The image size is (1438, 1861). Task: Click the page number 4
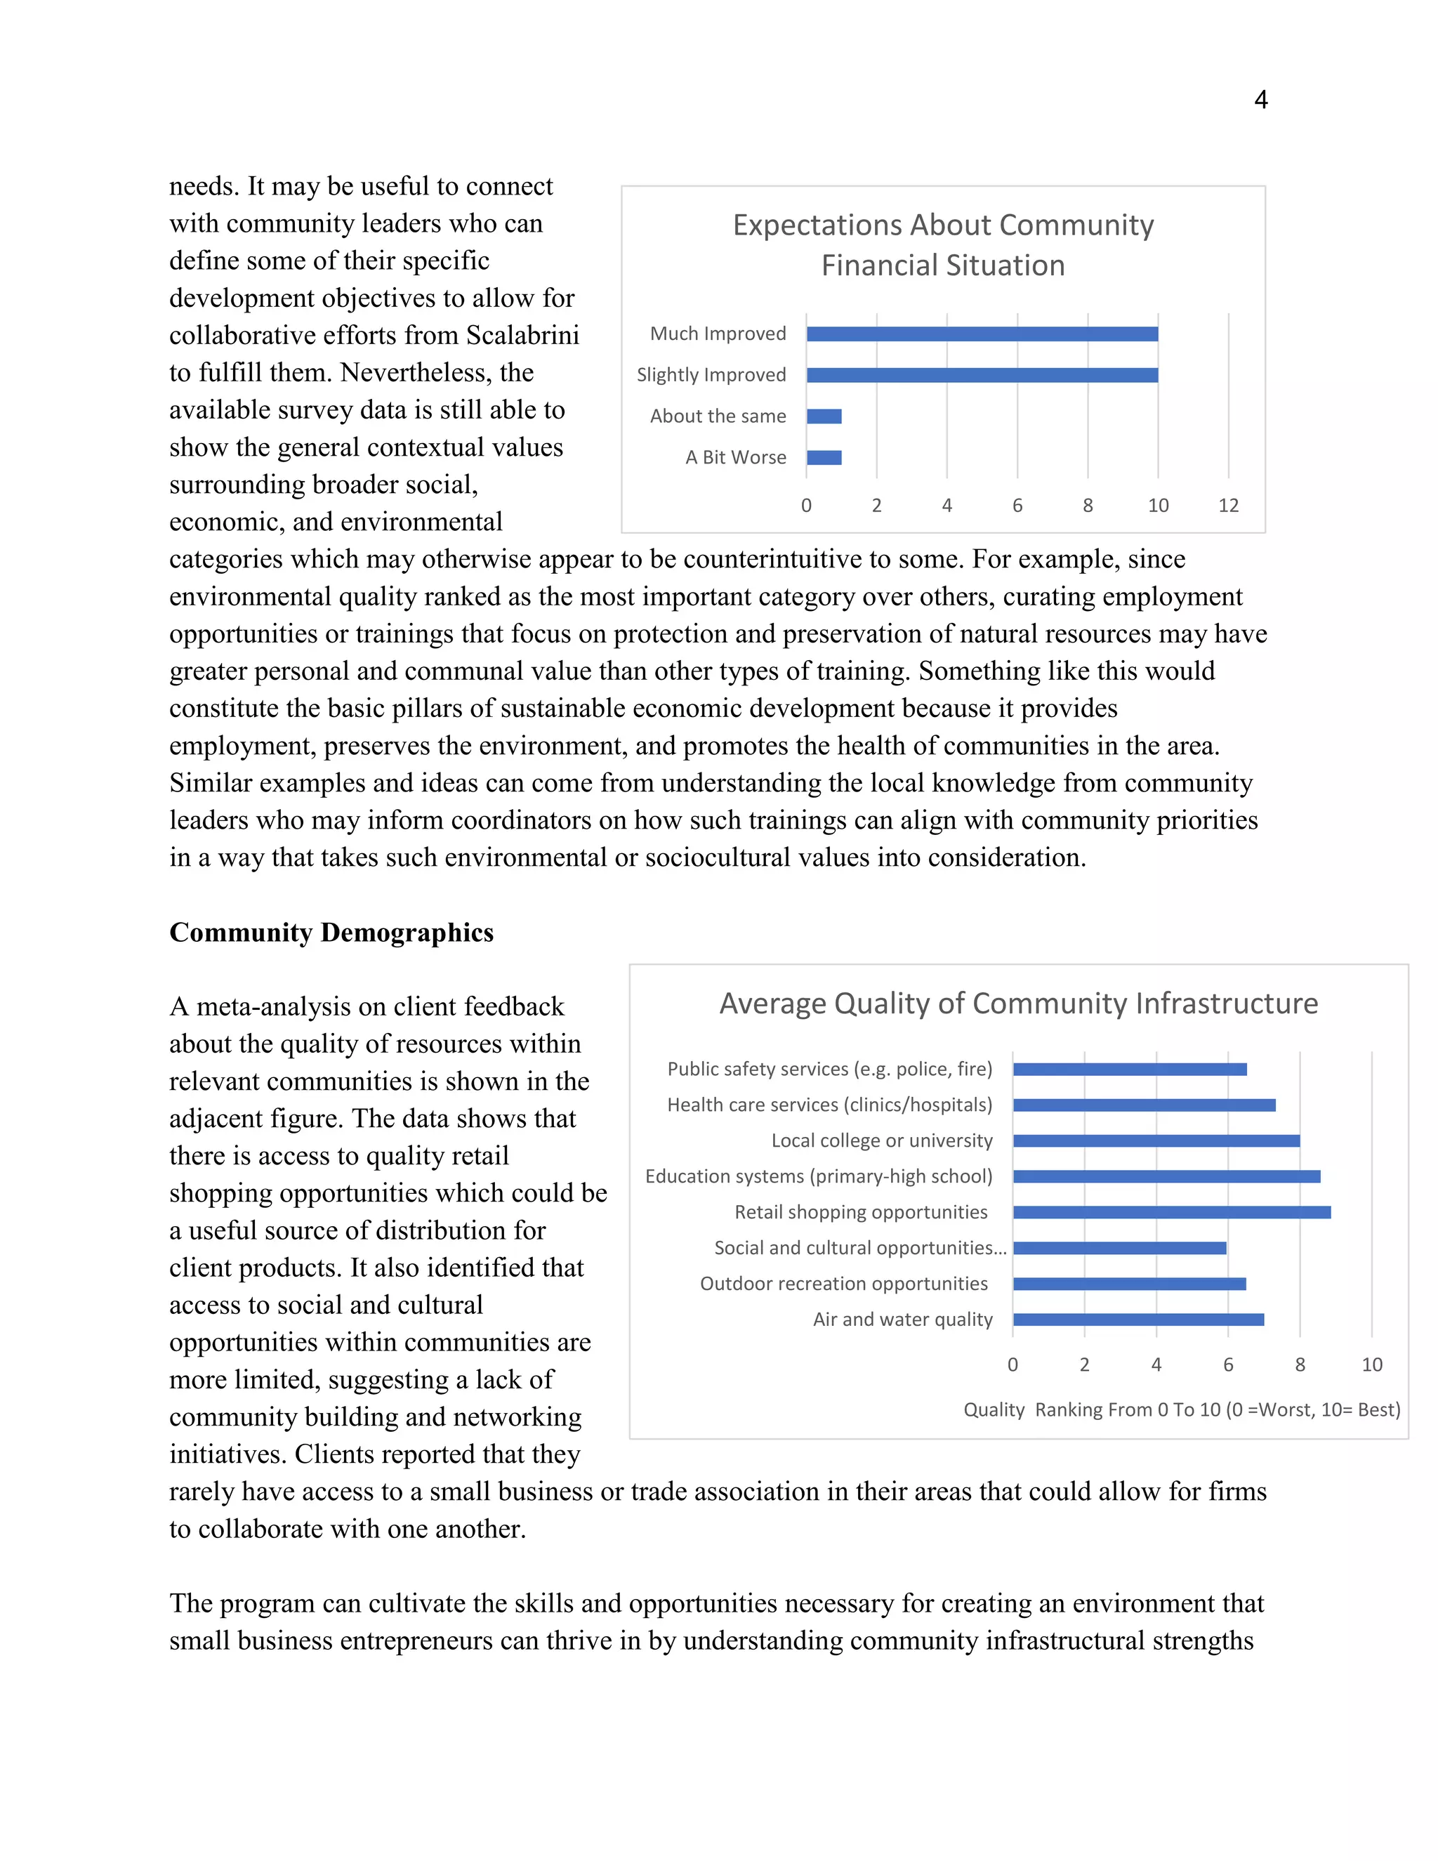(x=1261, y=100)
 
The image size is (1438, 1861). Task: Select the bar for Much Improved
(x=982, y=334)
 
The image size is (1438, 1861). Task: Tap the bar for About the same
(x=824, y=416)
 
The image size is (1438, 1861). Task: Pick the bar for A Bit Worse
(x=824, y=458)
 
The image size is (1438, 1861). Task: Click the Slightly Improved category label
(x=711, y=375)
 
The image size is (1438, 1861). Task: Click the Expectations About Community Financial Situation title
(x=943, y=245)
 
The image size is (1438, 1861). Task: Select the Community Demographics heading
(x=331, y=932)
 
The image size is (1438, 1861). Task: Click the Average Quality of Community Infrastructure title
(x=1018, y=1003)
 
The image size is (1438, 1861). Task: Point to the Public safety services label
(x=830, y=1070)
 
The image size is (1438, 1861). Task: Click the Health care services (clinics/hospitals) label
(x=830, y=1105)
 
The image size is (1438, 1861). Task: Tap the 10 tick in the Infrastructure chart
(x=1371, y=1364)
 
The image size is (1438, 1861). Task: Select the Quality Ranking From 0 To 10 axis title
(x=1182, y=1409)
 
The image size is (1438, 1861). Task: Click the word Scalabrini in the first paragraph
(x=522, y=335)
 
